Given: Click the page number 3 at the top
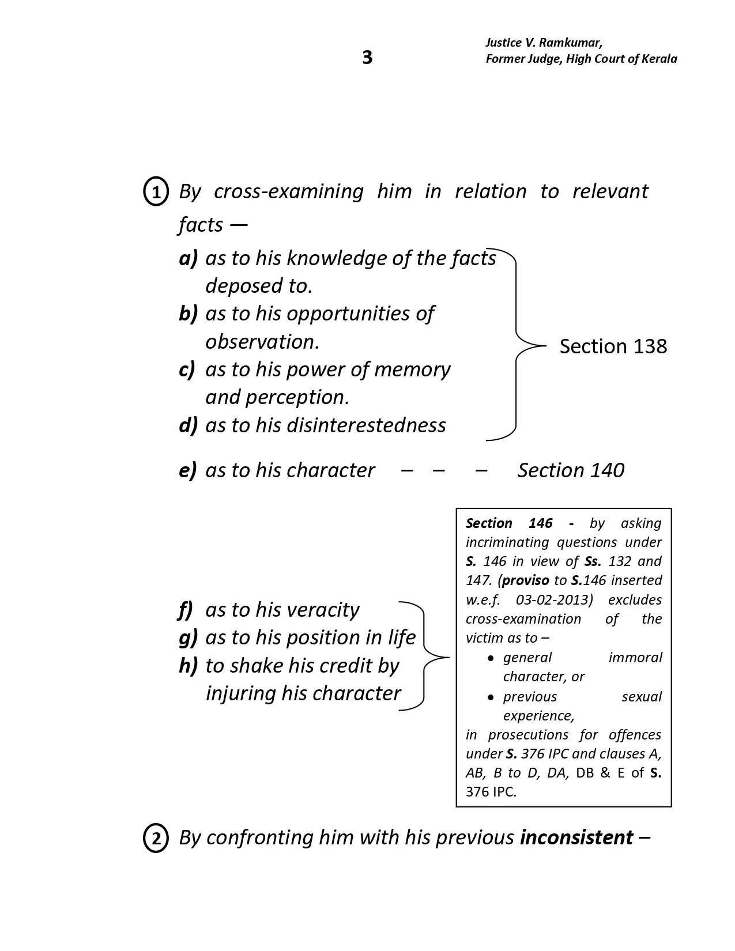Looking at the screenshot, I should (x=367, y=58).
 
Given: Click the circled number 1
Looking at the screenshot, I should (x=155, y=192).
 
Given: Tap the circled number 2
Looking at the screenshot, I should (x=155, y=839).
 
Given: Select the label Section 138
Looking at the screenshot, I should (x=613, y=346).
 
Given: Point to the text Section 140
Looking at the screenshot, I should (x=570, y=470).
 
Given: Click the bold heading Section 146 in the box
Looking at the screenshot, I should (x=509, y=523).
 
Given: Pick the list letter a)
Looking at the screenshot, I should (x=188, y=258).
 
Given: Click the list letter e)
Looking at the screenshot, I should (x=188, y=470).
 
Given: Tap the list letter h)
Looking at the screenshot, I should (x=188, y=666).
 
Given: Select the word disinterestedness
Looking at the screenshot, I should (x=366, y=425).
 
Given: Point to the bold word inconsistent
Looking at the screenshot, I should (x=576, y=837).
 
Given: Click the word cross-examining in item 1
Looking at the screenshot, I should (x=288, y=191).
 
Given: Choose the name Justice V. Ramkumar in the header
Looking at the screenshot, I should (x=544, y=43).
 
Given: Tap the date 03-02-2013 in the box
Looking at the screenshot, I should (x=554, y=600).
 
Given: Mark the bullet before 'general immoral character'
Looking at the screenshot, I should (x=491, y=658).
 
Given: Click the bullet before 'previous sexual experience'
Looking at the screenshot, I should (x=491, y=697).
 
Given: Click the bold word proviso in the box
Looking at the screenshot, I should (x=525, y=580).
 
